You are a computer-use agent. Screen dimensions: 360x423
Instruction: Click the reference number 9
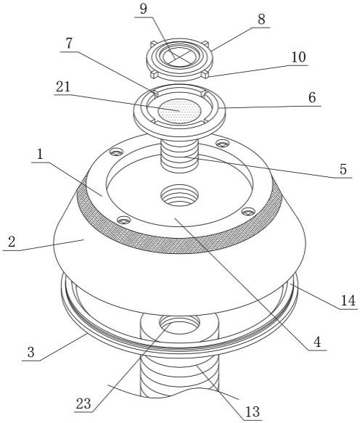point(144,9)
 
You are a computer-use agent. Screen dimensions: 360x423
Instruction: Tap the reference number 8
point(261,20)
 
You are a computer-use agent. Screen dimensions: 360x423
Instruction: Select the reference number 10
point(298,57)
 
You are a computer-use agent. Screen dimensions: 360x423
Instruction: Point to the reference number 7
point(69,44)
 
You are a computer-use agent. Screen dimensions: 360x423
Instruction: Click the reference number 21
point(63,87)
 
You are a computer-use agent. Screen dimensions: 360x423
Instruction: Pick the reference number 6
point(312,97)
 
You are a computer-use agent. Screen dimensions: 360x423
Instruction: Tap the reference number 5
point(343,169)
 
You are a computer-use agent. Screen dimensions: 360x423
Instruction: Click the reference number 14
point(348,300)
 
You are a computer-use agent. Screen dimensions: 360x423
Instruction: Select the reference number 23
point(83,404)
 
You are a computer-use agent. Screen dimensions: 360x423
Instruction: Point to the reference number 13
point(253,412)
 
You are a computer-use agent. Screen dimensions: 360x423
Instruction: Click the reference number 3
point(30,353)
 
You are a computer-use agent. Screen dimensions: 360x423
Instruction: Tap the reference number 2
point(12,242)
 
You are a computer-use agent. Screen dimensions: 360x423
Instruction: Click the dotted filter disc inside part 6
point(179,111)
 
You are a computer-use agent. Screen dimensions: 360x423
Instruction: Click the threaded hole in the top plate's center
point(179,195)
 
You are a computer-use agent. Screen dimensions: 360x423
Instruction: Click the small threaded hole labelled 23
point(180,323)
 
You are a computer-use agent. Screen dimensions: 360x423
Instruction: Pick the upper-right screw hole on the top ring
point(222,144)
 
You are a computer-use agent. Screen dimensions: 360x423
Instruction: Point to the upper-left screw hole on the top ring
point(116,152)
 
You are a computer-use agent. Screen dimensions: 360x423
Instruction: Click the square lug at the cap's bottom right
point(205,75)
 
